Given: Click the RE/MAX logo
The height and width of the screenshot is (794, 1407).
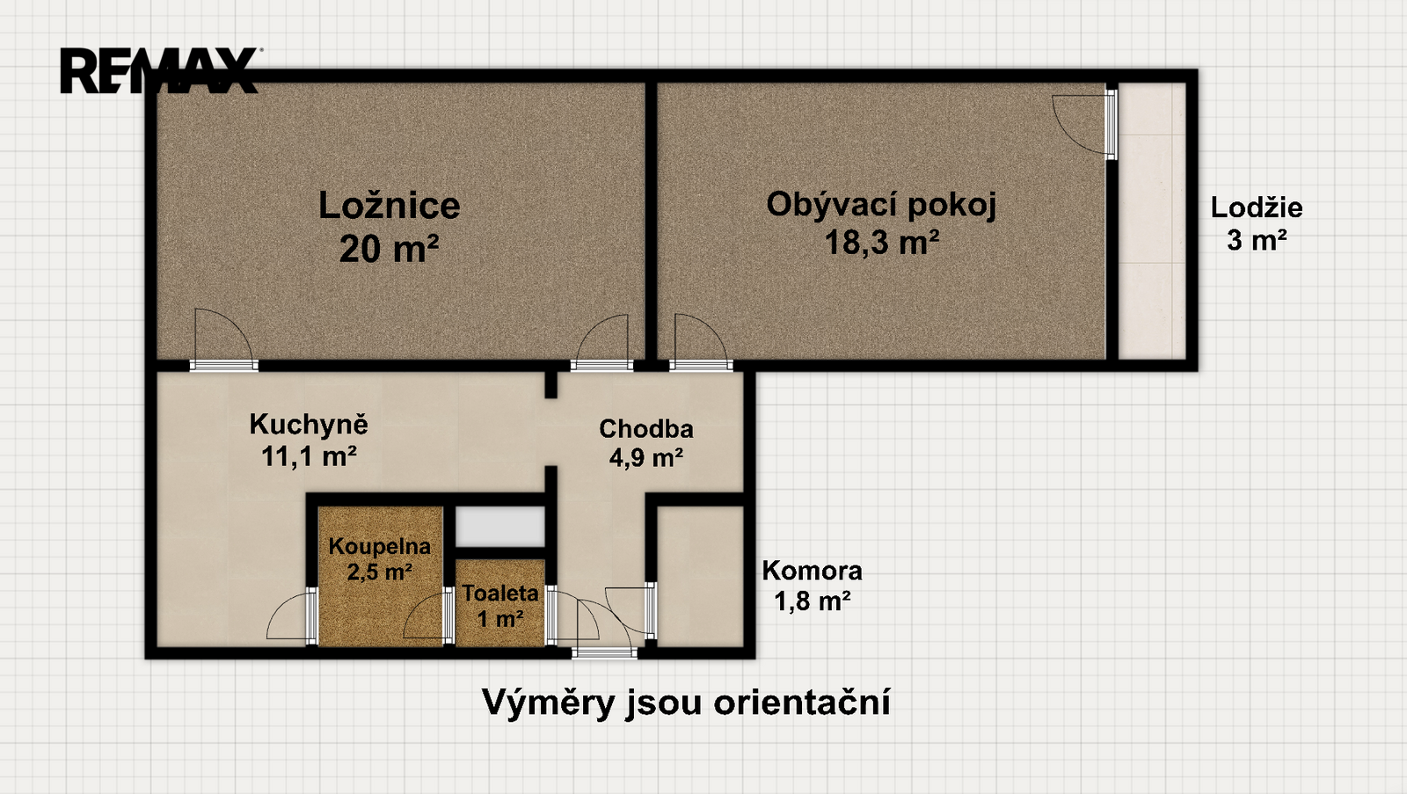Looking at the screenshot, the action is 159,70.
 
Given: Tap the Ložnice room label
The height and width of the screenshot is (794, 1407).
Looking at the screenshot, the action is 390,206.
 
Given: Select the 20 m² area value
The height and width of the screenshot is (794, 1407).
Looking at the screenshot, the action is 389,247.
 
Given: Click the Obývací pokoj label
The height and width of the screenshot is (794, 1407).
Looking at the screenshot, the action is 881,206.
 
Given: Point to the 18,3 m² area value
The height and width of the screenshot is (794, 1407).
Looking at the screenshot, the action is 882,242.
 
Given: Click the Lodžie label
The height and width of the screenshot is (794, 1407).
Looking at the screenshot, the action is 1257,208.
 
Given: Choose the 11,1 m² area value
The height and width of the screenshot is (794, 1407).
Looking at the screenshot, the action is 309,456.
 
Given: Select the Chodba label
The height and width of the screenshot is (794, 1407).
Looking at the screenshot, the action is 646,429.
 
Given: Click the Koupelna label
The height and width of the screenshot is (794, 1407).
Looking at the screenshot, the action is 379,547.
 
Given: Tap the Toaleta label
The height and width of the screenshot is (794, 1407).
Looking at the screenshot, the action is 500,594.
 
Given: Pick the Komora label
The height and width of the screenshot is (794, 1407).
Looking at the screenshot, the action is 813,571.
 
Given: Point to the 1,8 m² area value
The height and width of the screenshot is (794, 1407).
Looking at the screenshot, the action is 813,601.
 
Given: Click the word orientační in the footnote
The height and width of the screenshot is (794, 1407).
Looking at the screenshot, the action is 801,702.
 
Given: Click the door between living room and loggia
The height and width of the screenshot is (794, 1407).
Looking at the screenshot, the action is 1111,124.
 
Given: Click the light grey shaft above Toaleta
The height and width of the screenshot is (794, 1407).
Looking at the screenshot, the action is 500,526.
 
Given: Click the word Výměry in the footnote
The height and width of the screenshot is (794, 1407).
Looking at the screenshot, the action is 549,702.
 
